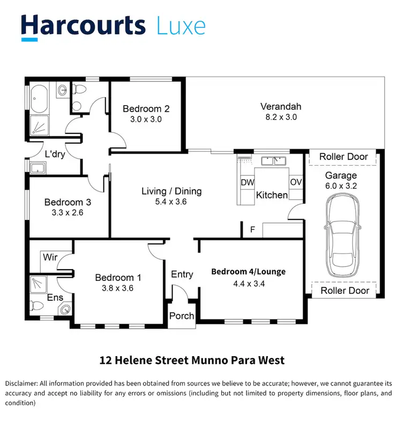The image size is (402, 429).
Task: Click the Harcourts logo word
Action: pos(83,26)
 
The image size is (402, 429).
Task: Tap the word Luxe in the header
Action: pos(181,26)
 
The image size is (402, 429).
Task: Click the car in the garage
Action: pos(344,234)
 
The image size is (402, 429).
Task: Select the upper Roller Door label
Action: pos(344,157)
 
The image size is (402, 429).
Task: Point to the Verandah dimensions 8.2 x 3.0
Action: pos(278,117)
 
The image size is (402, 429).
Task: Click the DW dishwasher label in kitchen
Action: pos(247,182)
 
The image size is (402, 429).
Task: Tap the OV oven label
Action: pos(296,182)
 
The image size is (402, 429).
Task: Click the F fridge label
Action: pos(252,230)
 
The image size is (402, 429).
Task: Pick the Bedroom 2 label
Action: pos(146,109)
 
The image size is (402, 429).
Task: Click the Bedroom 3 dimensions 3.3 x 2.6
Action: pos(68,212)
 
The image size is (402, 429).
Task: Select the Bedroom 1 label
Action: pos(118,277)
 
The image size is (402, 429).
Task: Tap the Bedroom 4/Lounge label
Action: pos(248,271)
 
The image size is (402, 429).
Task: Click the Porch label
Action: pos(182,316)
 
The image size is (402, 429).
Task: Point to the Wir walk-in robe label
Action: pos(50,257)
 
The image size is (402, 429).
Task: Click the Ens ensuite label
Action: pos(55,298)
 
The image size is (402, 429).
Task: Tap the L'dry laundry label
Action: pos(55,154)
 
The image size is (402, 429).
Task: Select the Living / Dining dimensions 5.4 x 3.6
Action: pos(171,202)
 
